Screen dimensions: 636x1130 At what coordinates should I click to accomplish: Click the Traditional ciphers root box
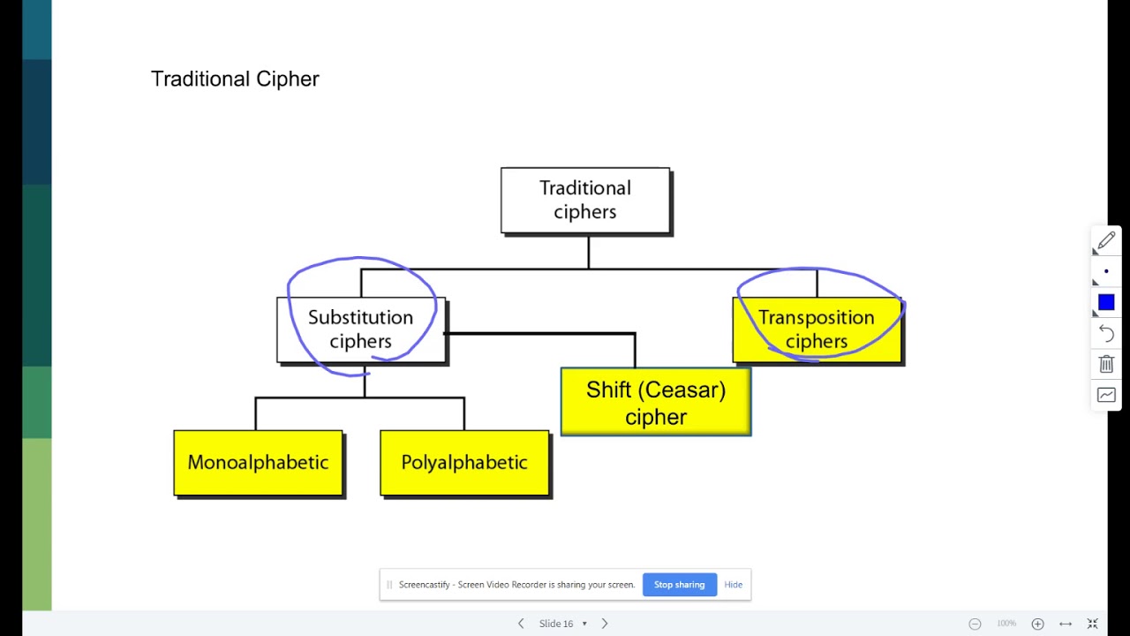click(x=585, y=201)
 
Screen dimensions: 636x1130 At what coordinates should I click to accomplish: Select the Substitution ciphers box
click(x=360, y=329)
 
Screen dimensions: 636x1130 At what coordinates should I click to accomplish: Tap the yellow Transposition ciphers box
click(x=817, y=329)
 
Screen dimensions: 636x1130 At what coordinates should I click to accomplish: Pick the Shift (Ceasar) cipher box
click(x=656, y=403)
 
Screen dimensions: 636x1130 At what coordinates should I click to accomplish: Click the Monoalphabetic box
click(x=258, y=463)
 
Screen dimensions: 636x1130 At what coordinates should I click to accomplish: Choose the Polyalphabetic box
click(x=464, y=463)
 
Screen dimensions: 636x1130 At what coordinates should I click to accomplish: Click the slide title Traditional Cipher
click(x=235, y=79)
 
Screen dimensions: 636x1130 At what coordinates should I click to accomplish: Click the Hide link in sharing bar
click(x=733, y=585)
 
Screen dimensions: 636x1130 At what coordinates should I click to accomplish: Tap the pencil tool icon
click(x=1106, y=241)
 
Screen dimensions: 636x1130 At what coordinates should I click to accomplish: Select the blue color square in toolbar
click(x=1106, y=303)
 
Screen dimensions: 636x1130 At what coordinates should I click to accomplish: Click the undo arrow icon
click(x=1106, y=333)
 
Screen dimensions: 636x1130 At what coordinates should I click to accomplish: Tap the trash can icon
click(x=1106, y=364)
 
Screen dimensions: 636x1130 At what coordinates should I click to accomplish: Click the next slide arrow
click(x=605, y=624)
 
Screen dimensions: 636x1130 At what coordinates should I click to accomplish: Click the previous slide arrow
click(x=521, y=624)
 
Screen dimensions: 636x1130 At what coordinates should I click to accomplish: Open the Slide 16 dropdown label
click(x=561, y=624)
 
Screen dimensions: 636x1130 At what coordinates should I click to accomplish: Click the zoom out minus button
click(x=975, y=624)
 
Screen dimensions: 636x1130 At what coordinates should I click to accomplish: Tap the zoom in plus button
click(x=1038, y=624)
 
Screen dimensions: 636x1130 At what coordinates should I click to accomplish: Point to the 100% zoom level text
click(x=1006, y=624)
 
